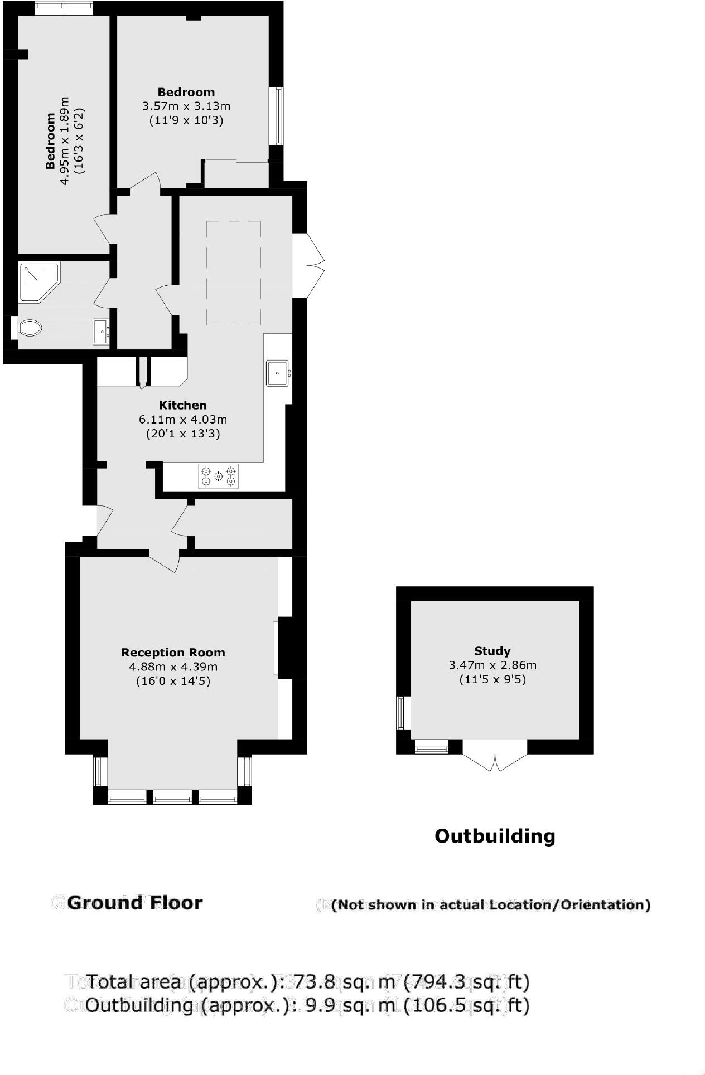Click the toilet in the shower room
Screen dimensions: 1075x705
pos(29,328)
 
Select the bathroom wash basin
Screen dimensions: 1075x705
pos(101,332)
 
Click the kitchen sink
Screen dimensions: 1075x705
pos(277,373)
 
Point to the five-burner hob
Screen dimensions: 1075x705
pos(218,476)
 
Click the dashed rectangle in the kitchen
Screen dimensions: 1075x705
pos(234,273)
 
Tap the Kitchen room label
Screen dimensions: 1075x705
pos(182,405)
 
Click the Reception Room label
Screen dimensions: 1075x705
pos(173,653)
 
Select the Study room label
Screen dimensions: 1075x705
pos(492,651)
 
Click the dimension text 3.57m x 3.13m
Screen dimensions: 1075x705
pos(186,106)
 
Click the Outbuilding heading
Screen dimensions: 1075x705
pos(495,836)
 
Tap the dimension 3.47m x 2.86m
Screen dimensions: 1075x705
pos(492,665)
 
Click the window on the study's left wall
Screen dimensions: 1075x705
pos(402,713)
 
